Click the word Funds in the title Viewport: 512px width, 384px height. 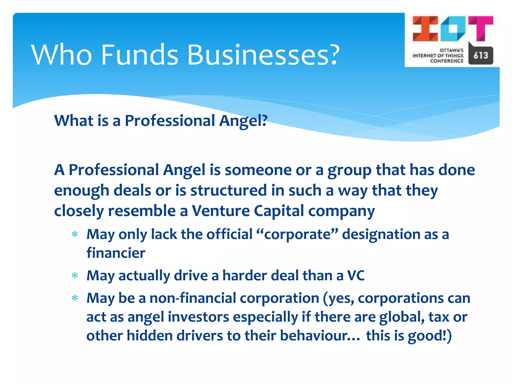[139, 55]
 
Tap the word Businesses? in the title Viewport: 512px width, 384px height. [263, 55]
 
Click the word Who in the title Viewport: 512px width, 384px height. [61, 55]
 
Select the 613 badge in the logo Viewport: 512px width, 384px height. [480, 55]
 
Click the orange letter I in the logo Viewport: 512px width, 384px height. [425, 28]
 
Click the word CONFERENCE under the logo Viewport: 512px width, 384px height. [446, 61]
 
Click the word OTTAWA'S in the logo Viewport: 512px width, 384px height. [451, 50]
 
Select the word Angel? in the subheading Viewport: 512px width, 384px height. [243, 121]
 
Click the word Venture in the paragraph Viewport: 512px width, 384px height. [221, 211]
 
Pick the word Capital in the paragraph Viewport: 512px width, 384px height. [279, 211]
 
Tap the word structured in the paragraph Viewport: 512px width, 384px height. [229, 190]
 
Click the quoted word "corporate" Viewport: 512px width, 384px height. [297, 234]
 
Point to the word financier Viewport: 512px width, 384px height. [116, 253]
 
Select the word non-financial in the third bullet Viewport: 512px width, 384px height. [192, 298]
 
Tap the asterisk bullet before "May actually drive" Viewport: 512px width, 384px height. [75, 276]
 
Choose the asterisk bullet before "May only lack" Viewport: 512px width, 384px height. [75, 234]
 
